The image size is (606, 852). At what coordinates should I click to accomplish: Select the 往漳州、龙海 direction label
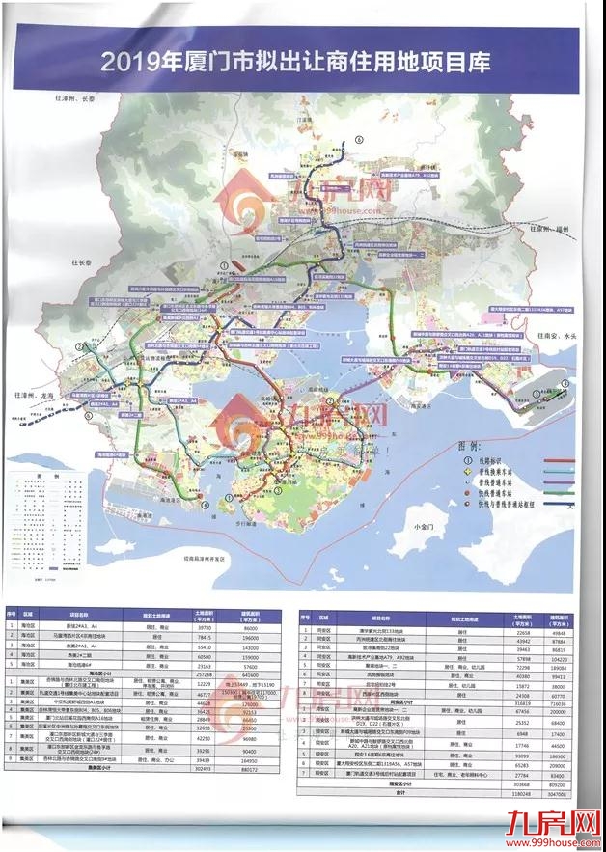click(x=36, y=395)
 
